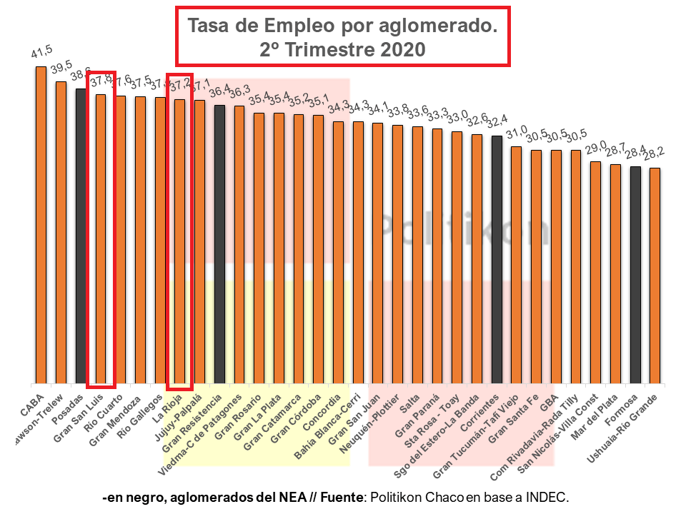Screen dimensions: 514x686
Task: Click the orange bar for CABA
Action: click(x=41, y=225)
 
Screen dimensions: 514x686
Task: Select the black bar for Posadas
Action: click(x=81, y=236)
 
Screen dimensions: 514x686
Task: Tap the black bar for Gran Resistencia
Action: click(x=220, y=243)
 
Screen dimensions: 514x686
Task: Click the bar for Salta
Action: click(x=417, y=255)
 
